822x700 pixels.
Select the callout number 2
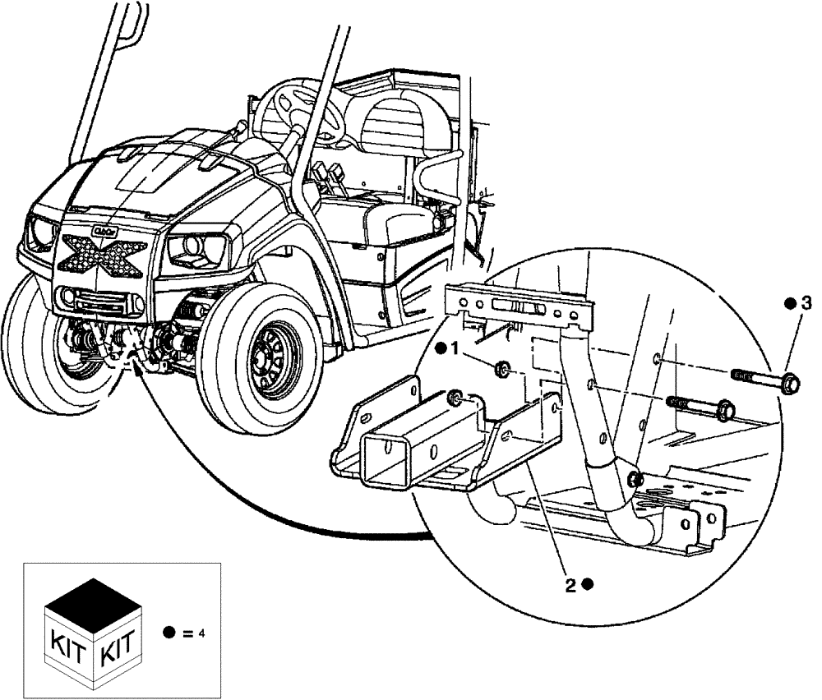pyautogui.click(x=569, y=585)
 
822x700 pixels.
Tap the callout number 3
pyautogui.click(x=806, y=304)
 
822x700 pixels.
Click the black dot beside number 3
pyautogui.click(x=790, y=304)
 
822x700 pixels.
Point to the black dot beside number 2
pyautogui.click(x=587, y=585)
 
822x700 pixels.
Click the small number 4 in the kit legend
pyautogui.click(x=201, y=633)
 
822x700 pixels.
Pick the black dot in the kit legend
pyautogui.click(x=169, y=633)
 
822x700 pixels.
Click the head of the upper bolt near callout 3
pyautogui.click(x=790, y=383)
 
